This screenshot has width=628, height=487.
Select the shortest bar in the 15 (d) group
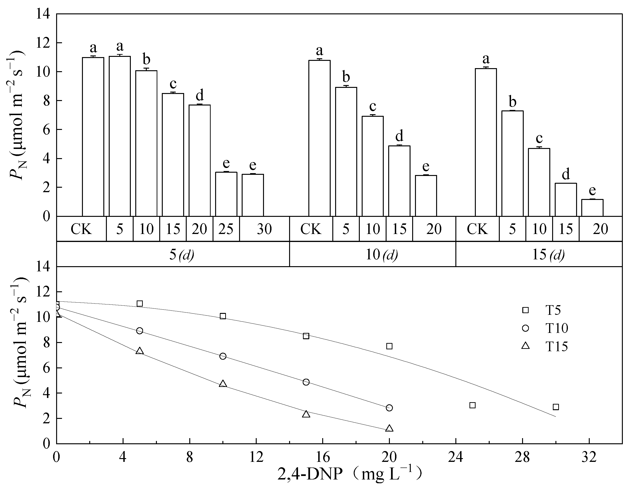pos(592,207)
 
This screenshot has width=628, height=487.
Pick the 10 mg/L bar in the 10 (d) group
pos(372,166)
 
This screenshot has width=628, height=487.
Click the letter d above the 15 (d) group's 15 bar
pos(566,175)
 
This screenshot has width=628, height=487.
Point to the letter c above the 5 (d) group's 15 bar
pos(173,84)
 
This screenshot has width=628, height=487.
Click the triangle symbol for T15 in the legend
pos(525,346)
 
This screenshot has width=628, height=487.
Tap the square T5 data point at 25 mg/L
pos(473,405)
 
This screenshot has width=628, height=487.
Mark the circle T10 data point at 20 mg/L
pos(389,408)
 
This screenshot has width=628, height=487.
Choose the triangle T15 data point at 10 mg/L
pos(223,384)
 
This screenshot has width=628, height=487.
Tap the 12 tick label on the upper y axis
pos(43,43)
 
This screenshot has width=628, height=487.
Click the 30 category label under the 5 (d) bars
pos(264,229)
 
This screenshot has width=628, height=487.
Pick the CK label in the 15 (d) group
pos(477,229)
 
